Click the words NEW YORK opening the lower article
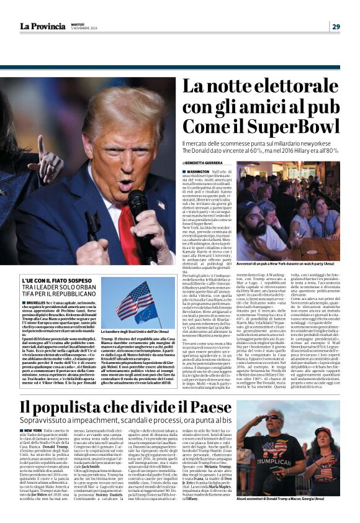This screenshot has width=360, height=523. tap(34, 431)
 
